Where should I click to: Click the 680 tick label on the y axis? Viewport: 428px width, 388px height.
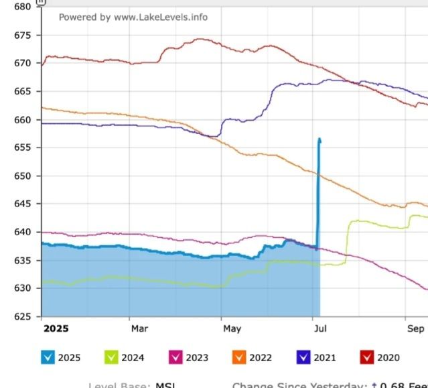point(21,7)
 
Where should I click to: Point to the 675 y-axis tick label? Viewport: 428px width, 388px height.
point(21,35)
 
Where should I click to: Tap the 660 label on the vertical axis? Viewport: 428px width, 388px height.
point(21,120)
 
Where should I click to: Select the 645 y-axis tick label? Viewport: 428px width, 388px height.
point(21,204)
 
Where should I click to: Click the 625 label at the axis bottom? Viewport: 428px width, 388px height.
point(21,316)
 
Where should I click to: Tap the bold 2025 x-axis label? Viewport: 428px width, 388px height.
point(56,328)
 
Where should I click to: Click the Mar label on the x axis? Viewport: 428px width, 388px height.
point(139,328)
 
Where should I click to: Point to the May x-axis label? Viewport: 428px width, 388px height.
point(232,328)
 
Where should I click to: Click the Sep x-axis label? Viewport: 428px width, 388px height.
point(415,328)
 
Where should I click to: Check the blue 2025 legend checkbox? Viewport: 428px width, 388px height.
point(48,357)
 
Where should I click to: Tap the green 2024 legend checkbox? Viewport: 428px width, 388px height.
point(111,357)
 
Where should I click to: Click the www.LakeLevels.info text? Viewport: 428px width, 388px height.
point(161,17)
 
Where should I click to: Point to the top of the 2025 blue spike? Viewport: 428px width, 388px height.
point(319,139)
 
